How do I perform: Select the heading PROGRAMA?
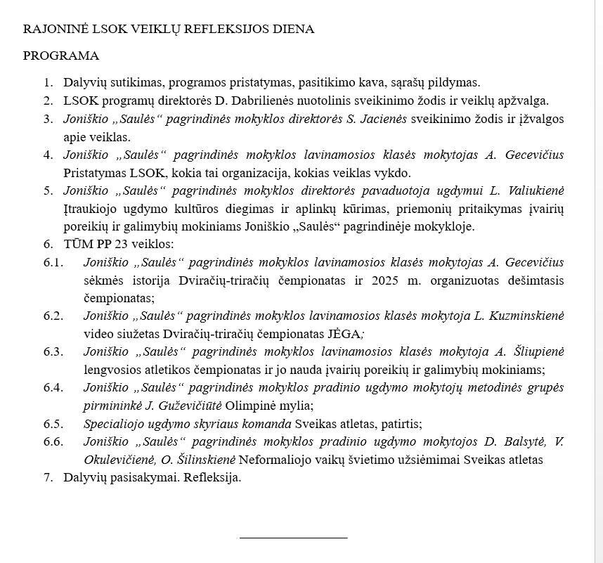[61, 56]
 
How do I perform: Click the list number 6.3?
[53, 351]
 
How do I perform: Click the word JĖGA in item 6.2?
[346, 334]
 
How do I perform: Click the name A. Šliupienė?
[529, 351]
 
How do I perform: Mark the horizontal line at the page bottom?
[293, 538]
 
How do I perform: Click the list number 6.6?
[53, 441]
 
